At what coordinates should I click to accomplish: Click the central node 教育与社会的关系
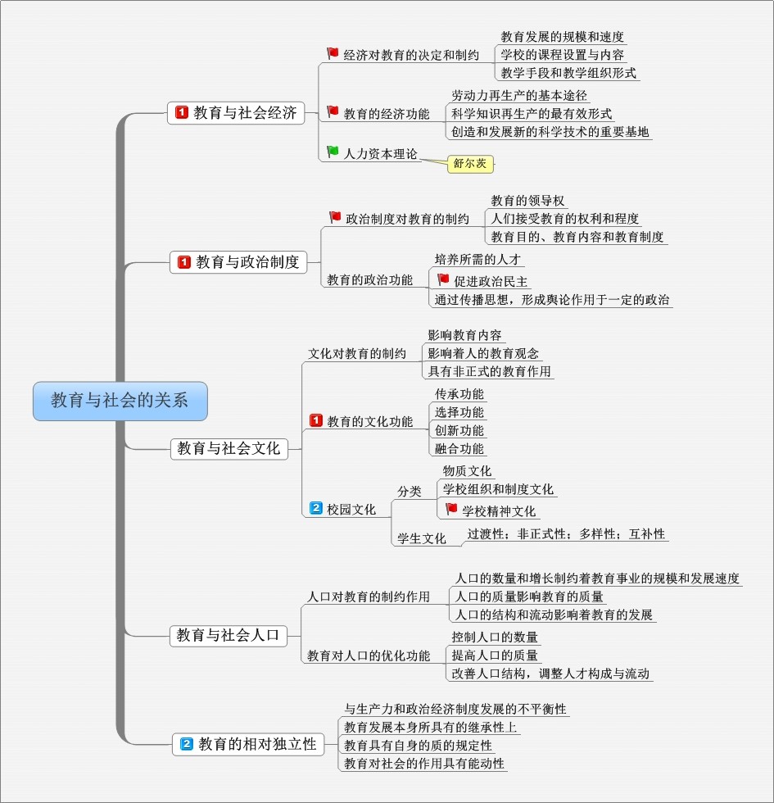(x=120, y=401)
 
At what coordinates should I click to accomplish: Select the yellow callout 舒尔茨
(x=470, y=164)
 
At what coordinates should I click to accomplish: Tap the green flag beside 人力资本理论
(x=333, y=152)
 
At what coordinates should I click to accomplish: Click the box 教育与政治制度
(x=238, y=262)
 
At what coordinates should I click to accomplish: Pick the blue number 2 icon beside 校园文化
(x=316, y=508)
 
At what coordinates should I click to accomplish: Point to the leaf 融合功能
(x=459, y=449)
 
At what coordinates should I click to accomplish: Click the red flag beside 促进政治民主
(x=443, y=279)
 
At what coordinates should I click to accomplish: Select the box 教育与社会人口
(x=229, y=636)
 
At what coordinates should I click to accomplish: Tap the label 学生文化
(x=422, y=539)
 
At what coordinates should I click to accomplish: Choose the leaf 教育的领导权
(x=527, y=201)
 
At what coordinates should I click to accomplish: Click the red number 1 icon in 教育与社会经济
(x=182, y=112)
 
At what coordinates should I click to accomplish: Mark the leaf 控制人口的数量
(x=495, y=637)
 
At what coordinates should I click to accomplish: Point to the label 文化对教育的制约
(x=357, y=354)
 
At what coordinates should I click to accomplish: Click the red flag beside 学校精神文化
(x=451, y=509)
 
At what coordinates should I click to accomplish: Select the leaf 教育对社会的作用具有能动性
(x=424, y=764)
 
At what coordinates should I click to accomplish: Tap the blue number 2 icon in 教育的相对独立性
(x=187, y=744)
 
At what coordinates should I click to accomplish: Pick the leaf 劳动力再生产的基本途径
(x=519, y=96)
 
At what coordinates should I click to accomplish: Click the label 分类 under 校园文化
(x=410, y=492)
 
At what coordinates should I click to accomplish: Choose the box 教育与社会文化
(x=229, y=449)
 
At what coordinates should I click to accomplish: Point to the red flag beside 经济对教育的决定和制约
(x=333, y=53)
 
